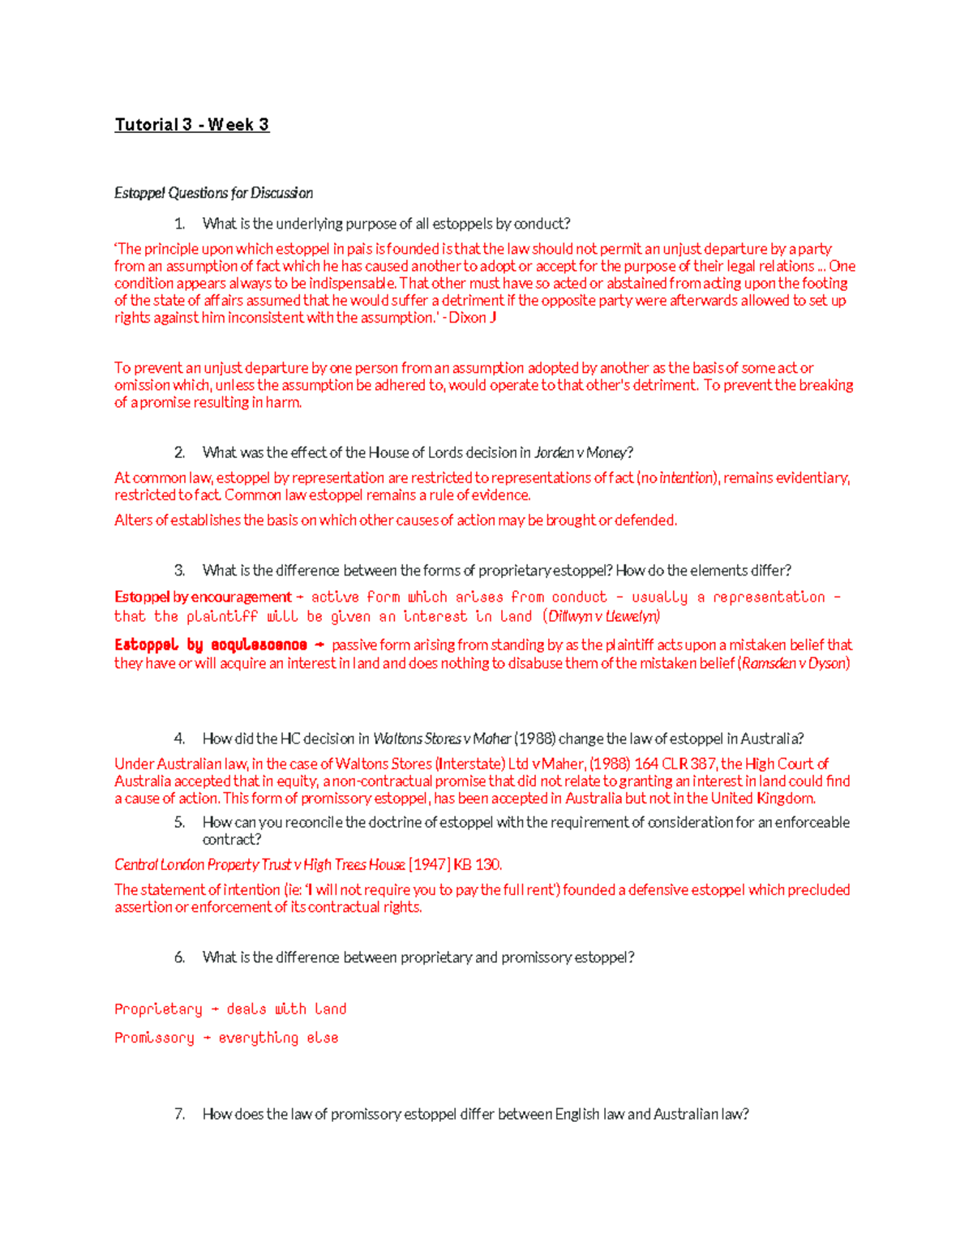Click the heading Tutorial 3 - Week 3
click(x=191, y=125)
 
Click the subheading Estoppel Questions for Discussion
click(x=213, y=193)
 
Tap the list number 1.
click(x=179, y=224)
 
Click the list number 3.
click(x=179, y=570)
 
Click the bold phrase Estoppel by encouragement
click(x=203, y=597)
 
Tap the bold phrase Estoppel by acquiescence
click(x=211, y=645)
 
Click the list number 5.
click(x=179, y=822)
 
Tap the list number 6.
click(x=179, y=957)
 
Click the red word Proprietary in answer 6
click(x=158, y=1009)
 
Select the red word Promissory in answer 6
click(x=154, y=1038)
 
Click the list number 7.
click(x=179, y=1114)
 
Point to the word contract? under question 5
click(x=232, y=839)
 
